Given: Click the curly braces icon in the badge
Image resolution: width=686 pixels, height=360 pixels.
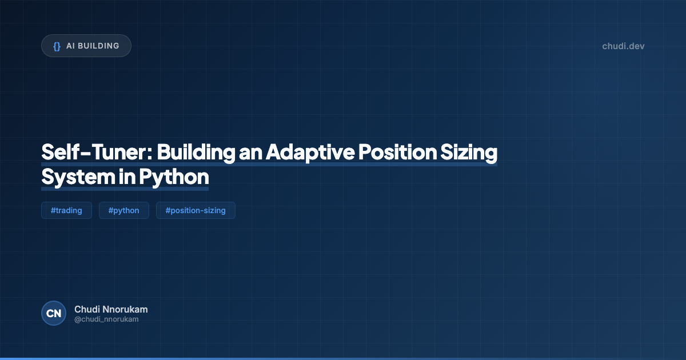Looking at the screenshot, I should (57, 46).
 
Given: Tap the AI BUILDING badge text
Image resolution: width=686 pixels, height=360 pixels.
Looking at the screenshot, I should (93, 46).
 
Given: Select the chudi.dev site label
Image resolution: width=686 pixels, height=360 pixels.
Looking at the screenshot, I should (623, 46).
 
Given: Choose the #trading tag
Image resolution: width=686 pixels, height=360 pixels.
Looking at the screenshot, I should (66, 210).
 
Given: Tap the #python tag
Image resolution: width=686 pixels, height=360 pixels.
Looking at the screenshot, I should (123, 210).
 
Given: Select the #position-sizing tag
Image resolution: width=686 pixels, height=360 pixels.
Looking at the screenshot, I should (196, 210).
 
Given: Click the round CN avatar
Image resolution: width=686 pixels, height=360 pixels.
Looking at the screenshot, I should (54, 313).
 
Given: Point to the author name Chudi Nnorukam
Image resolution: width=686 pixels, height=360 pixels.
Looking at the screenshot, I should (111, 309).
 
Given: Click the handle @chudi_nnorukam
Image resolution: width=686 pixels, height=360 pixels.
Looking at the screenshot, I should (106, 319).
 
